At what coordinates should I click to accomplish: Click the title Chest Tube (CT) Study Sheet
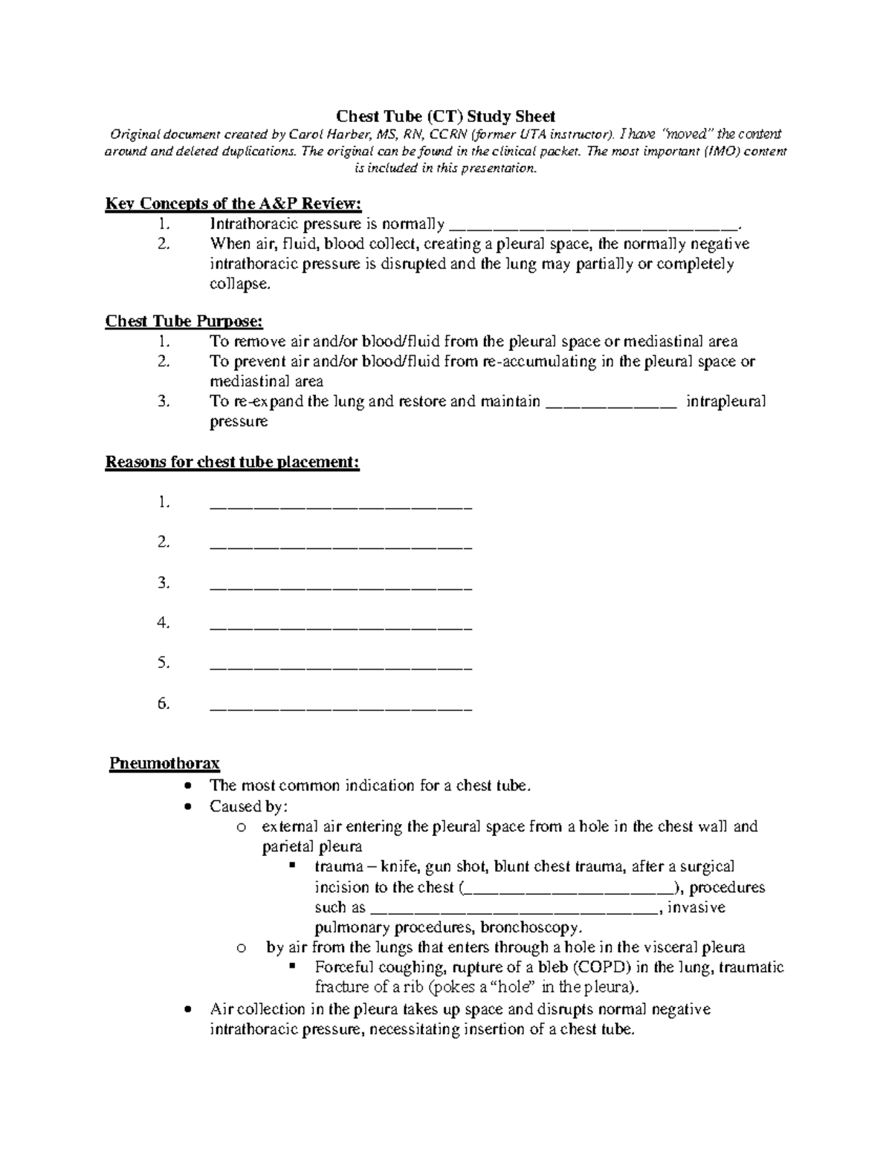pyautogui.click(x=445, y=116)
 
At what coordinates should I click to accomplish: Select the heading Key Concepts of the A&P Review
pyautogui.click(x=233, y=204)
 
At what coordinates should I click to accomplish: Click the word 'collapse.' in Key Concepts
pyautogui.click(x=236, y=284)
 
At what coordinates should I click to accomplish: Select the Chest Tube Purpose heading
pyautogui.click(x=184, y=321)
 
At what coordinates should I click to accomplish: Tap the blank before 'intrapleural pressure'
pyautogui.click(x=611, y=402)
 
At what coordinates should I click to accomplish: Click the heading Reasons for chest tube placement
pyautogui.click(x=233, y=462)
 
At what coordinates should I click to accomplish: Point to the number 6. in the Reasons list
pyautogui.click(x=164, y=703)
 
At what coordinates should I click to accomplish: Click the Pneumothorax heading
pyautogui.click(x=164, y=763)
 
